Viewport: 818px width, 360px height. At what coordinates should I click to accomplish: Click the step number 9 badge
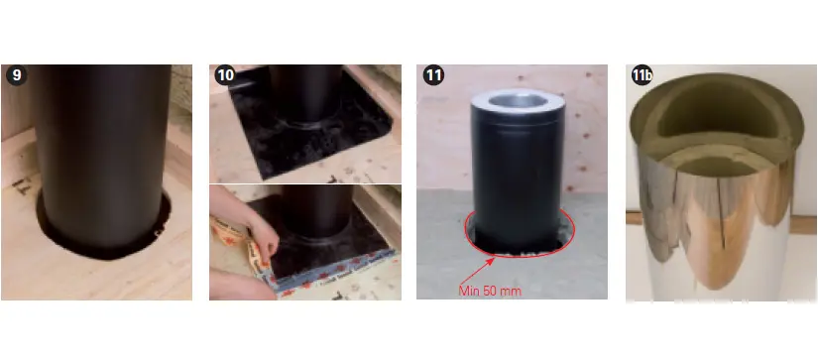(16, 75)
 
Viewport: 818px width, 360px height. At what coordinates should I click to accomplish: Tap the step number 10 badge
(225, 75)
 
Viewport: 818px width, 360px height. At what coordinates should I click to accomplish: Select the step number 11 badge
(433, 75)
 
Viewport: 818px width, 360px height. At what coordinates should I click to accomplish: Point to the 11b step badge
(643, 75)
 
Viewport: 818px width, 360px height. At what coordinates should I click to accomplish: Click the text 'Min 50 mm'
(490, 291)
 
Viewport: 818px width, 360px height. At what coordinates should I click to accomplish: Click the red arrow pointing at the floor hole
(476, 269)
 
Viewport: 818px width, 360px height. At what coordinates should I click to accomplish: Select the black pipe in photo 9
(102, 157)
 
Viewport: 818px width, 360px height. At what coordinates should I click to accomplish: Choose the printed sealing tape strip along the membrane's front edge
(334, 273)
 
